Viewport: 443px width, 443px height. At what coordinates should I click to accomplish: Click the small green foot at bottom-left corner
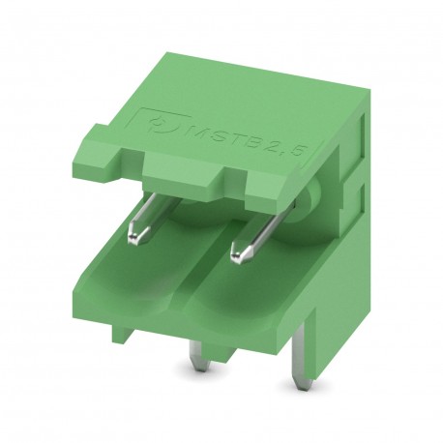[x=122, y=334]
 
